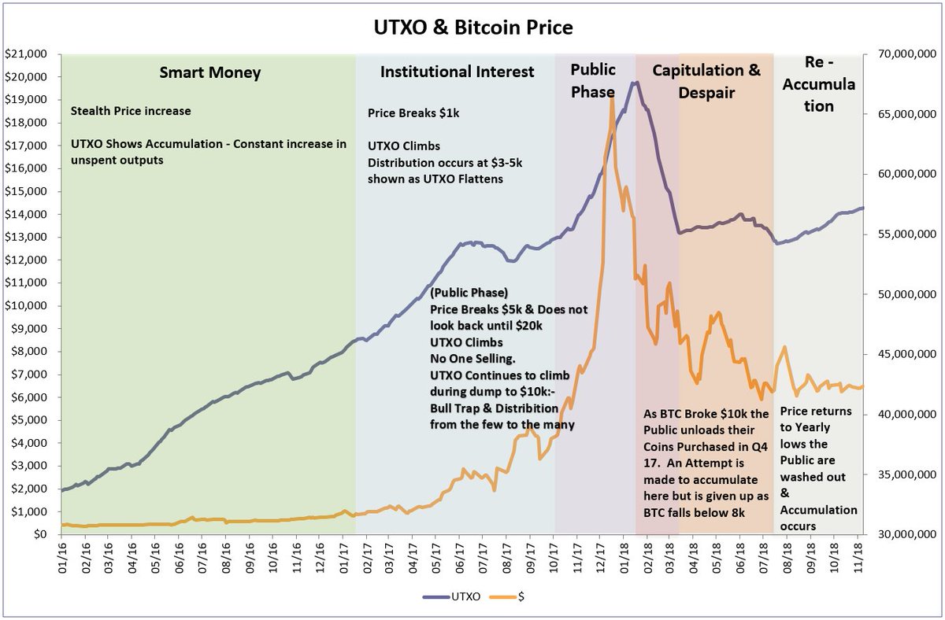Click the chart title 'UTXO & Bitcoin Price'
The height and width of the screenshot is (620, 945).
click(x=472, y=28)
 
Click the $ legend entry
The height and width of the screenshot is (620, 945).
click(x=512, y=597)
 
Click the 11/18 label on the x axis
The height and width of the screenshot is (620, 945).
click(x=858, y=555)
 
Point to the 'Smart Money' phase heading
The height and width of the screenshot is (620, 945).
click(x=209, y=73)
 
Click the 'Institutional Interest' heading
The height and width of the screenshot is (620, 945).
click(x=457, y=72)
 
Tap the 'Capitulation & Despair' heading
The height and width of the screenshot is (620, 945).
click(x=706, y=81)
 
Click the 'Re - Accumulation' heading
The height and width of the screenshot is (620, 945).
click(x=818, y=83)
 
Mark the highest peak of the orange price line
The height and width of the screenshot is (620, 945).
click(x=612, y=97)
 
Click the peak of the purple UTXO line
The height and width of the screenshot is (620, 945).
click(x=636, y=82)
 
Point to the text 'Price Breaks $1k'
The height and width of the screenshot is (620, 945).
click(x=413, y=113)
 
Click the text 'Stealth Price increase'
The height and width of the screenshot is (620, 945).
click(x=131, y=111)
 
